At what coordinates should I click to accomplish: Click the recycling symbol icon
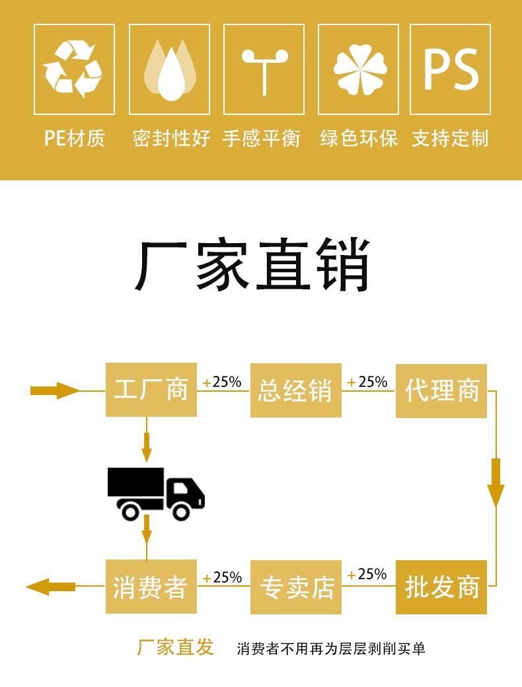(74, 69)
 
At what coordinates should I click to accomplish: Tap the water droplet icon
(169, 69)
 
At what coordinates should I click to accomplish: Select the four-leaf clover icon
(358, 69)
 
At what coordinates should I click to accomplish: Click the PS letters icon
(451, 69)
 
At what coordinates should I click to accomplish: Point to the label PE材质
(75, 138)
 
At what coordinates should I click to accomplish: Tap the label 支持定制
(450, 138)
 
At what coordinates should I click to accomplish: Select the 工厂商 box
(151, 390)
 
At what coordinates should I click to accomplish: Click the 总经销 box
(295, 390)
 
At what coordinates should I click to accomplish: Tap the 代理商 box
(441, 390)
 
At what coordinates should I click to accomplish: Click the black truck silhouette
(156, 493)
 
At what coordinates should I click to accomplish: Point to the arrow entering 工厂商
(54, 390)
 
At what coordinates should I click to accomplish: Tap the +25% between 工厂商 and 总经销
(222, 382)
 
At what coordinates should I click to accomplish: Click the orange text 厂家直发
(175, 647)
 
